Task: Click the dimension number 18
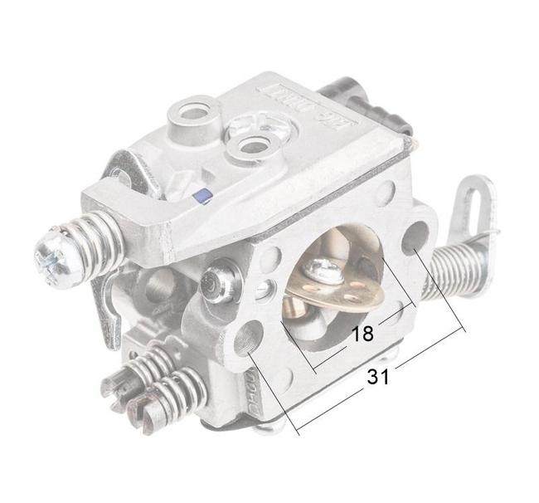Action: [362, 335]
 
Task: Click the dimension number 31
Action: [378, 375]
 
